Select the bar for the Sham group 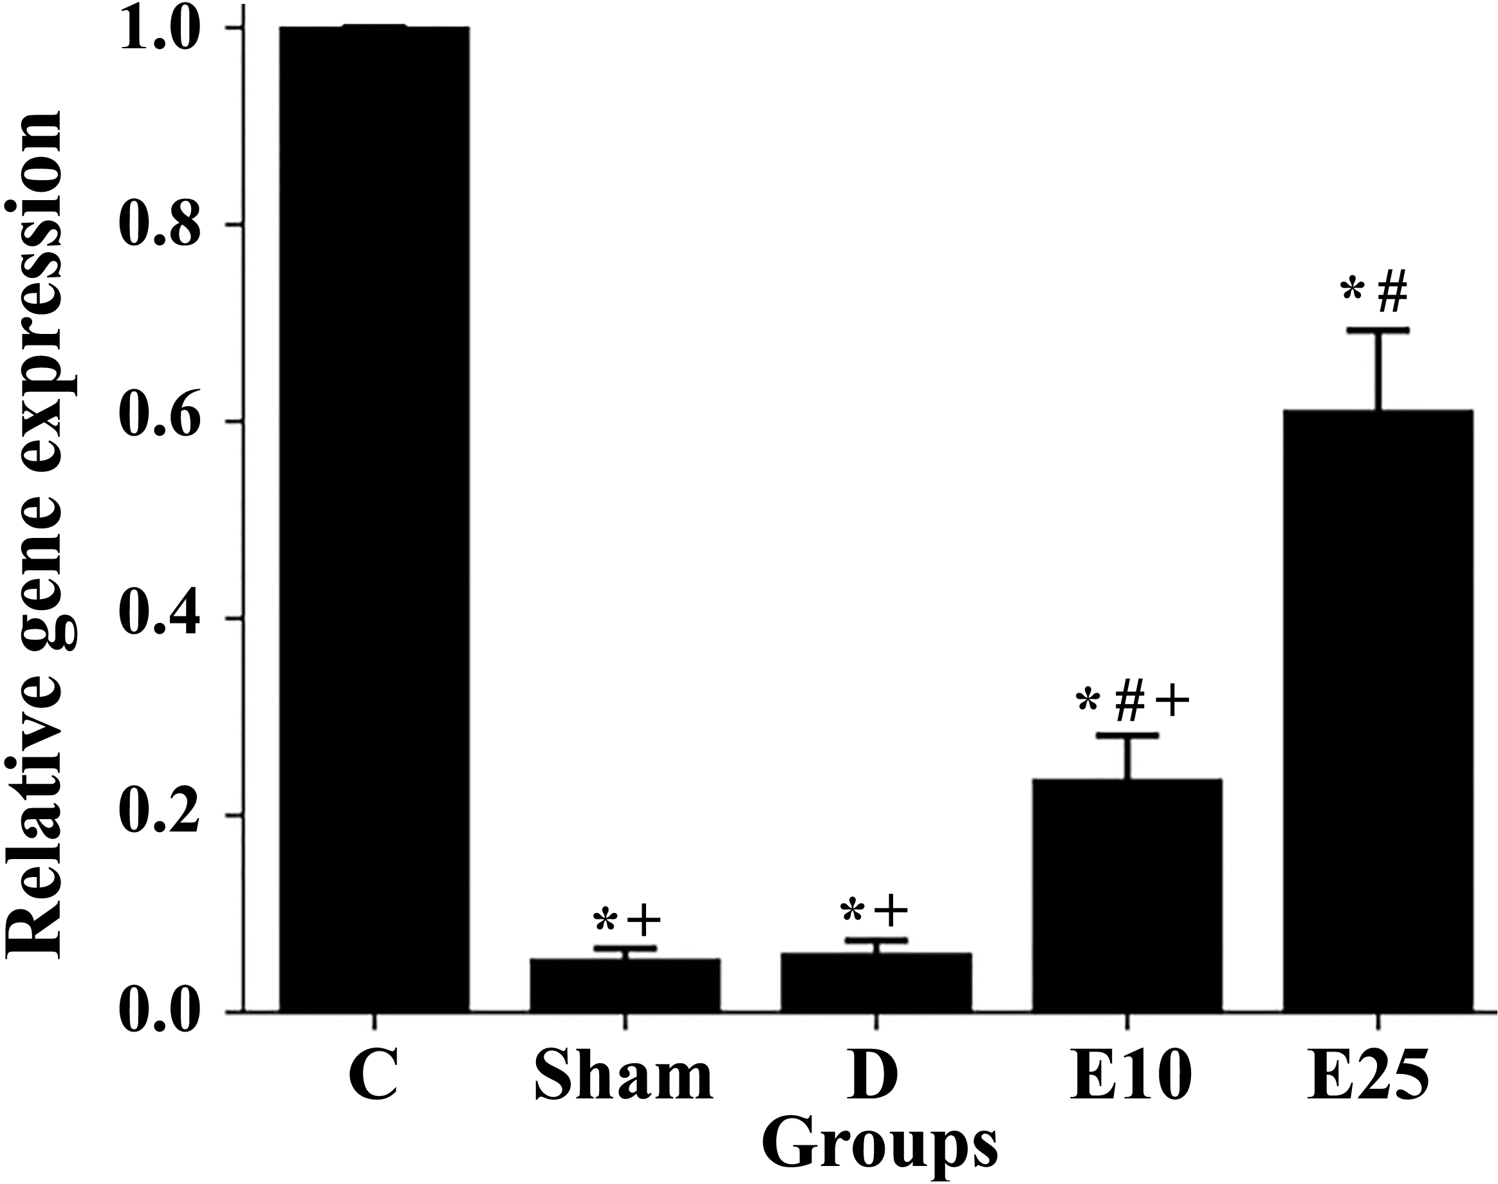625,986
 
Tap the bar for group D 876,983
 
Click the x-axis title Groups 884,1147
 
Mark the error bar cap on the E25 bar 1378,331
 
